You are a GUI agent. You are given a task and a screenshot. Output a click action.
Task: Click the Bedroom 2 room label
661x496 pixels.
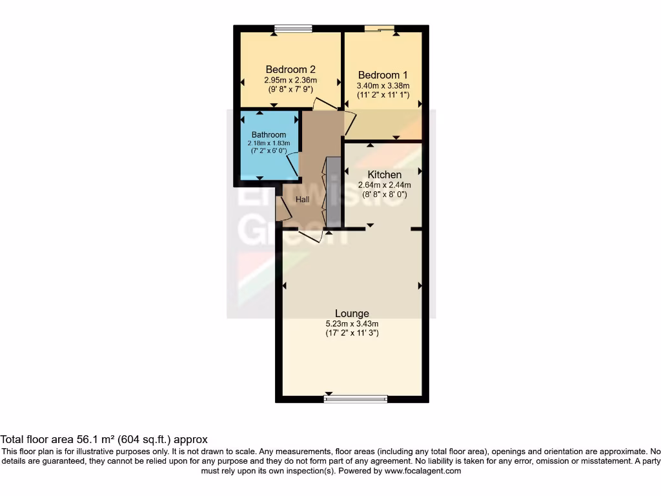coord(290,70)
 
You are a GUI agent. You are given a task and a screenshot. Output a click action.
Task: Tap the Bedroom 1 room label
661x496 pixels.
coord(383,75)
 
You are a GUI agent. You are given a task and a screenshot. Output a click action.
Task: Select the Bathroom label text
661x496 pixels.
coord(269,135)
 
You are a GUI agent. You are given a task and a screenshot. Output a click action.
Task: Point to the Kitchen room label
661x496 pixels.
coord(385,174)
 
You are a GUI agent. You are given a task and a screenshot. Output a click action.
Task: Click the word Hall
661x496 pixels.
coord(303,200)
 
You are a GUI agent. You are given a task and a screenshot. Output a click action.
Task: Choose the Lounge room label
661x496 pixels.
coord(352,314)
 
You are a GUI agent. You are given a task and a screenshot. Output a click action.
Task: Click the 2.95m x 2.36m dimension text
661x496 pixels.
coord(290,80)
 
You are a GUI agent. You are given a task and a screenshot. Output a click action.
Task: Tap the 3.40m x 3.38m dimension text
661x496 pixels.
coord(383,85)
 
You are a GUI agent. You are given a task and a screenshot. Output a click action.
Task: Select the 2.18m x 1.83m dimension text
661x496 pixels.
coord(269,143)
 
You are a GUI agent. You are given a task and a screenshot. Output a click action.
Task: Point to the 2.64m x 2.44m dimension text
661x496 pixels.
coord(385,185)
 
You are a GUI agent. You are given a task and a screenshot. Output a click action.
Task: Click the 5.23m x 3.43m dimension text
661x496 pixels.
coord(352,324)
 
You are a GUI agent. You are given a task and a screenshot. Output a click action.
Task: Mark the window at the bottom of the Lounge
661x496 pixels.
coord(356,399)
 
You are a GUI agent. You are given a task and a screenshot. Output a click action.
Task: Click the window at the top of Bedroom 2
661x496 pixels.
coord(293,28)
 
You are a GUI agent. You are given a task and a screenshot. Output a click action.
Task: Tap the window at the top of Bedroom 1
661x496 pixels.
coord(379,28)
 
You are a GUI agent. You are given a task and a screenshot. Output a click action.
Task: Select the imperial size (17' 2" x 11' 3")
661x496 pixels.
coord(352,333)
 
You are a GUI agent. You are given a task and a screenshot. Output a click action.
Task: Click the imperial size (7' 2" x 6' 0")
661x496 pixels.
coord(269,150)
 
